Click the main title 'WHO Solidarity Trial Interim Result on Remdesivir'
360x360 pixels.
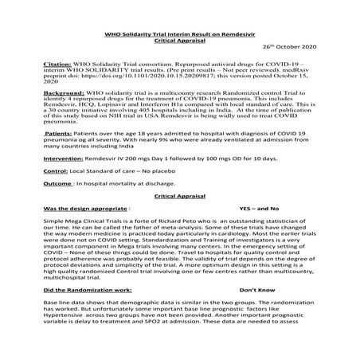180,33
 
